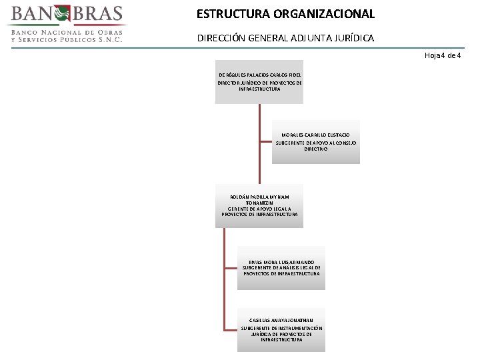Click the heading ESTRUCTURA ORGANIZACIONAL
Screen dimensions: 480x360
[x=285, y=14]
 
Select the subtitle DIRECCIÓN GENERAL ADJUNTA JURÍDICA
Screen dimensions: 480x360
[x=285, y=39]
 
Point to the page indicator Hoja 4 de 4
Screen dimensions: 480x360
[x=443, y=55]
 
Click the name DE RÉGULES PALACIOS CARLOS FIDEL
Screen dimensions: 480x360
[x=260, y=75]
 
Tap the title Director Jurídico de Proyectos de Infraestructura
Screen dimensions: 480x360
[x=260, y=86]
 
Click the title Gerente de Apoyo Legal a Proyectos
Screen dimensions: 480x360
[x=260, y=212]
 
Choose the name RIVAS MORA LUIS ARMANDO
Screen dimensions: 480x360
[x=281, y=263]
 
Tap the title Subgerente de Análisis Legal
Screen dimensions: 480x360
[x=281, y=271]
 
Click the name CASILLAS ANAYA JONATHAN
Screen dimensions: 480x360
[x=281, y=321]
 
